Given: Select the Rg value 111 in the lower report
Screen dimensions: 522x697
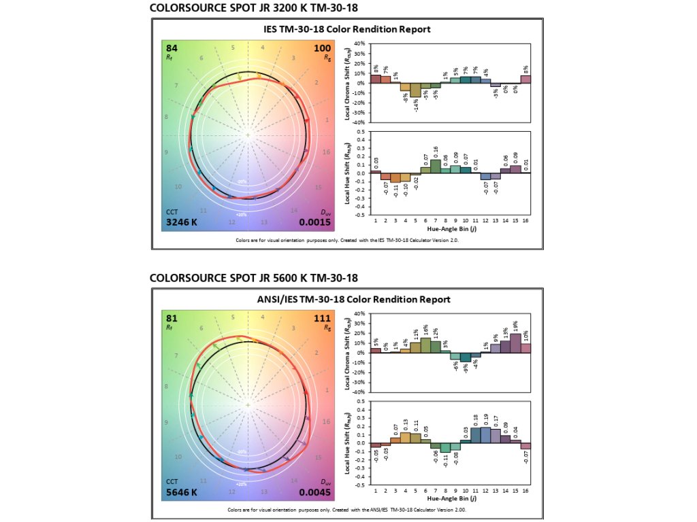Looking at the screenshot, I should [322, 318].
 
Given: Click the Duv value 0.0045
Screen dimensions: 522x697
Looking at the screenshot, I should [315, 492].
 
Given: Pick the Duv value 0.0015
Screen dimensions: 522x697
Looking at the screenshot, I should [315, 222].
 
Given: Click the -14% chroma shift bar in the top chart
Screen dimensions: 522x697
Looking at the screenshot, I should [415, 90].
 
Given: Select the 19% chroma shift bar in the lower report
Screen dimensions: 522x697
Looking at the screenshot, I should [515, 343].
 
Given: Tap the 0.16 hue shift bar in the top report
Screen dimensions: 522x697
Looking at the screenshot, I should [436, 166].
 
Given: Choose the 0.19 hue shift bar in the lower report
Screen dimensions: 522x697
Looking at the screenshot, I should [485, 435].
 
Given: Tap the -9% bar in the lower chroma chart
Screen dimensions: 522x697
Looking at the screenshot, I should [465, 358].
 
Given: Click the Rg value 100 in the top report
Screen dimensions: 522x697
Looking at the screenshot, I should [322, 48].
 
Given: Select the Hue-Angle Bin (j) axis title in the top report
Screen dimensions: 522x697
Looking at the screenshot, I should [450, 229].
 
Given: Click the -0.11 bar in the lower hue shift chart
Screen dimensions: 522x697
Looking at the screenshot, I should [445, 448].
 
